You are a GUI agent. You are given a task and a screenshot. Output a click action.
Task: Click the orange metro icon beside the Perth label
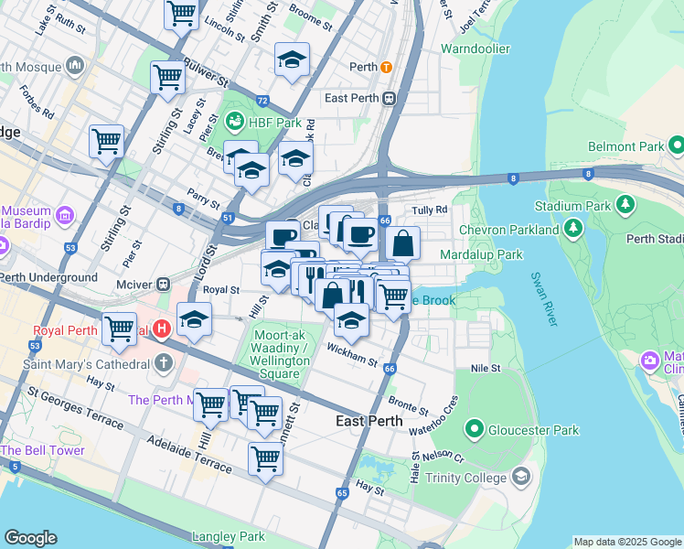point(388,68)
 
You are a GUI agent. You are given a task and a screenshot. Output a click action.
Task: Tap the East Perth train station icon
point(389,99)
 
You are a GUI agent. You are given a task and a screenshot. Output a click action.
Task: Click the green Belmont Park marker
point(676,145)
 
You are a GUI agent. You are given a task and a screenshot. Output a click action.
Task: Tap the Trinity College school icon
point(520,477)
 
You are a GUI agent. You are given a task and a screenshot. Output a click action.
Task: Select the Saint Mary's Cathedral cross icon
point(163,363)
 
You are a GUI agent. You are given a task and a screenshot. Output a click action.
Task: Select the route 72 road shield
point(262,101)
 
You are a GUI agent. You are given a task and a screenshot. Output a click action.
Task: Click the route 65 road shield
point(341,493)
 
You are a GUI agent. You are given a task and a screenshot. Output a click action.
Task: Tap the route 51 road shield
point(227,218)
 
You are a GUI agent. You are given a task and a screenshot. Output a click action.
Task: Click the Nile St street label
point(486,368)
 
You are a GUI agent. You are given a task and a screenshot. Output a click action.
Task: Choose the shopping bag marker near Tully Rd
point(402,244)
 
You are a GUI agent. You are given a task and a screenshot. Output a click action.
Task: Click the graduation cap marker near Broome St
point(292,60)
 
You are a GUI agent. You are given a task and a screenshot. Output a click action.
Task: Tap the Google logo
point(31,538)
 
